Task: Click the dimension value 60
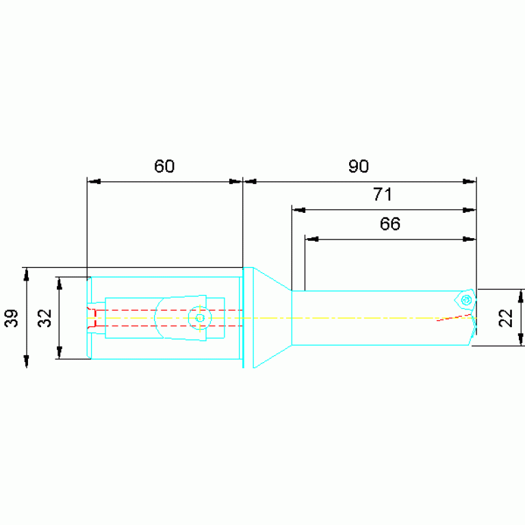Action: [x=164, y=166]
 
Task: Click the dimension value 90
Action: [x=359, y=166]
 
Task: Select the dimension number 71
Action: [x=383, y=194]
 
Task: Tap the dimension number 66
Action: [x=390, y=224]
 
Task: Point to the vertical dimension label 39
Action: [x=12, y=318]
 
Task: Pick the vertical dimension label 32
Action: [x=45, y=318]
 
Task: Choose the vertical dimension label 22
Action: [x=506, y=318]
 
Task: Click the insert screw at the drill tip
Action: [x=465, y=300]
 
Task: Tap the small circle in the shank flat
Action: [x=200, y=318]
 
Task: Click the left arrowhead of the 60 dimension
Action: [x=94, y=182]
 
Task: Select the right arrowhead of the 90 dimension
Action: [x=470, y=182]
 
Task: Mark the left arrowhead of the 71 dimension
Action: [x=298, y=210]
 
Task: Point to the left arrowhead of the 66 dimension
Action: [x=311, y=240]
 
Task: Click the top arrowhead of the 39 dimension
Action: [x=27, y=274]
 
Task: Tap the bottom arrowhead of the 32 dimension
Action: [x=60, y=353]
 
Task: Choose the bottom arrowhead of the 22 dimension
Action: [x=520, y=339]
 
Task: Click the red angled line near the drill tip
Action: [x=454, y=318]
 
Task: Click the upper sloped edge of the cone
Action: [x=272, y=279]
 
